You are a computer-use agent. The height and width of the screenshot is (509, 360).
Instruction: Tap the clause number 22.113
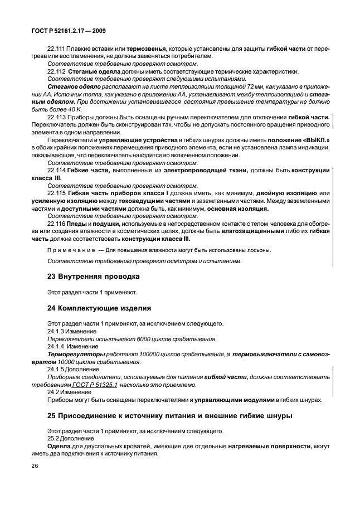[56, 118]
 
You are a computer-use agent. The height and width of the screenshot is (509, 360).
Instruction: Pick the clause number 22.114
[56, 170]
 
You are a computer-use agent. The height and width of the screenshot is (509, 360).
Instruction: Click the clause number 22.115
[56, 193]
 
